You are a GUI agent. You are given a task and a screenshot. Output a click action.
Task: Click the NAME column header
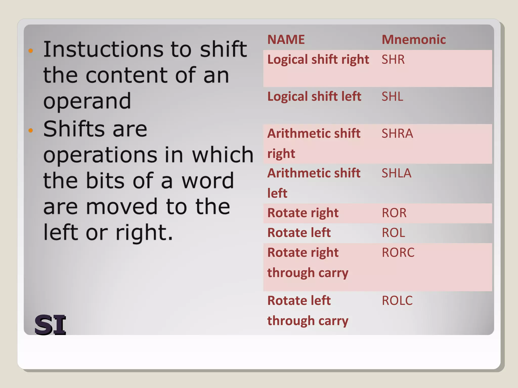pos(286,40)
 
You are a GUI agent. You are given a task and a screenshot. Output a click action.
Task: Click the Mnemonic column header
pos(413,40)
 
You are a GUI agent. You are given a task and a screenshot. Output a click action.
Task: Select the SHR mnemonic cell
pos(393,60)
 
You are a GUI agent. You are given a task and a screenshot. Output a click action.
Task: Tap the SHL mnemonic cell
pos(392,96)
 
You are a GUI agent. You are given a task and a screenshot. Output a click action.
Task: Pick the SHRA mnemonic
pos(397,133)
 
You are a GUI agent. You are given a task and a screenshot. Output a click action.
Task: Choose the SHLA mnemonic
pos(396,173)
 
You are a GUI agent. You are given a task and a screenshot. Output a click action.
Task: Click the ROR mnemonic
pos(394,213)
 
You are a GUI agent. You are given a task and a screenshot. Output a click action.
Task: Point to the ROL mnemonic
pos(393,233)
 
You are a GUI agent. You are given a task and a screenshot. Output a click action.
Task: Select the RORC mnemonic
pos(398,253)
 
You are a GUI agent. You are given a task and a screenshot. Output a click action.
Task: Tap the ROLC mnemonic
pos(397,301)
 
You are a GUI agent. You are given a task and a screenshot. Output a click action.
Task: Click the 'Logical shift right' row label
pos(318,60)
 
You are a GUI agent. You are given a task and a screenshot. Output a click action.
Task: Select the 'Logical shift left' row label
pos(314,97)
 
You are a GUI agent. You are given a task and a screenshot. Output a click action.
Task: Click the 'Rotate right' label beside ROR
pos(303,213)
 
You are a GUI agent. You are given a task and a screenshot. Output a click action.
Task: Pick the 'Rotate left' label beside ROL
pos(299,233)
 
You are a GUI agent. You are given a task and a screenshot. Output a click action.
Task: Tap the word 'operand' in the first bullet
pos(87,101)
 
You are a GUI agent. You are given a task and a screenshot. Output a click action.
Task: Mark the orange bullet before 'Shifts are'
pos(31,130)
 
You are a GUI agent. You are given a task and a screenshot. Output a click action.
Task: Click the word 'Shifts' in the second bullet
pos(74,129)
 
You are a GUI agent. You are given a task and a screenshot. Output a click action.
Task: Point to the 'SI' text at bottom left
pos(50,325)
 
